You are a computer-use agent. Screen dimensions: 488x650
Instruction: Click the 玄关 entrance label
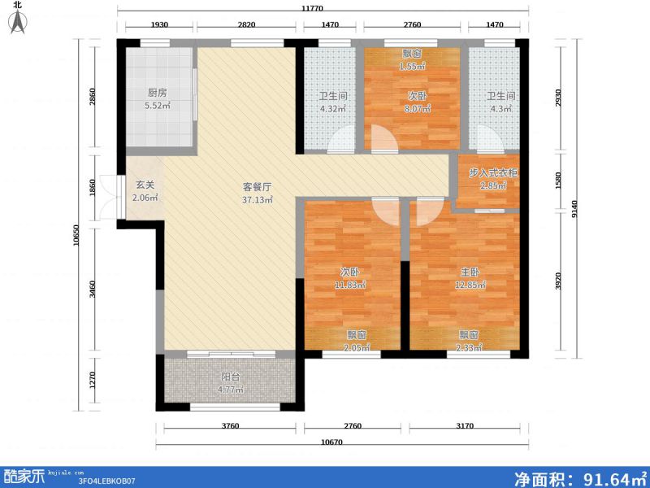pyautogui.click(x=145, y=185)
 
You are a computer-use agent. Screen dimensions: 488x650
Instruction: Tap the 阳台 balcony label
pyautogui.click(x=231, y=377)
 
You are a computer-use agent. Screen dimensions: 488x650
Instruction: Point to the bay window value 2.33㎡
pyautogui.click(x=469, y=348)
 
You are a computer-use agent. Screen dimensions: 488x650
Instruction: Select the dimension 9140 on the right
pyautogui.click(x=574, y=209)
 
